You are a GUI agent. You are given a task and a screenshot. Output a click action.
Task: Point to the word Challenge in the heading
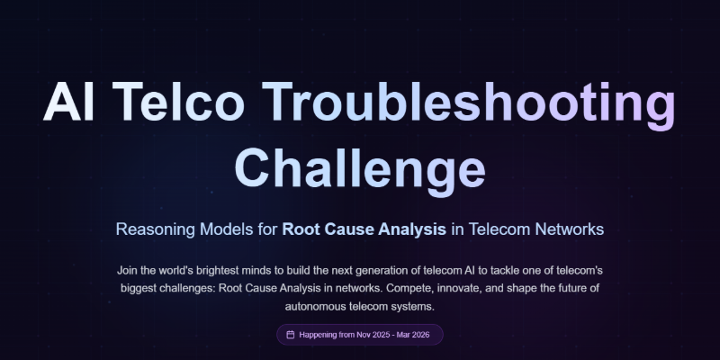point(359,167)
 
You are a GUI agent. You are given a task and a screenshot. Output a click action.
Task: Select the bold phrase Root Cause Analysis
point(364,229)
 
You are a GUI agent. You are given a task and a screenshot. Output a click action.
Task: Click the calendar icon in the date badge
point(290,335)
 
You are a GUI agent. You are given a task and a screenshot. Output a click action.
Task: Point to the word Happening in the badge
point(323,335)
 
